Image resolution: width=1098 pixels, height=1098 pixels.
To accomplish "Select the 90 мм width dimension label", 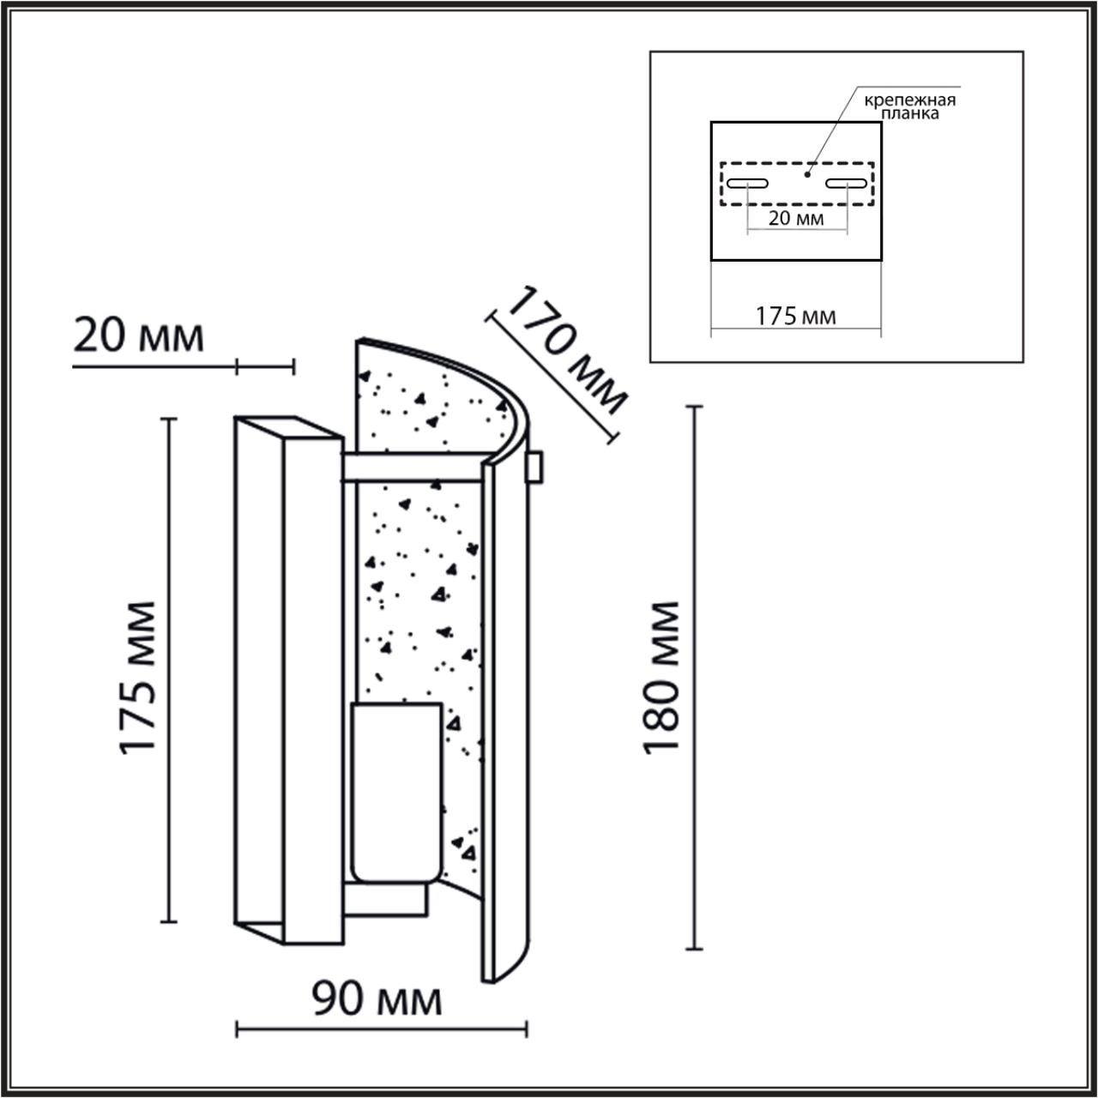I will click(377, 999).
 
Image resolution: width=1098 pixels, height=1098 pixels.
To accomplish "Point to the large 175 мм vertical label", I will click(138, 678).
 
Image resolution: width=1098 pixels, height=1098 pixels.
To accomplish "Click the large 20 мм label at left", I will click(138, 335).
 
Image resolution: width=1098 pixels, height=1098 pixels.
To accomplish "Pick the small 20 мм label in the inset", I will click(795, 218).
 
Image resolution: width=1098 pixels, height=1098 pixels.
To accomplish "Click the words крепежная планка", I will click(908, 106).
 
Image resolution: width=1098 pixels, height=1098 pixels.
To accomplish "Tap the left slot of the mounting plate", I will click(747, 184).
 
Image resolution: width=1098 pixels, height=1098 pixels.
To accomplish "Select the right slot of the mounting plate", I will click(847, 184).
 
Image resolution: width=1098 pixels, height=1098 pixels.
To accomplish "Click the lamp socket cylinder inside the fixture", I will click(395, 793).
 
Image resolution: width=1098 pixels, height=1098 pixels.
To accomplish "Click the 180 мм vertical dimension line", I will click(695, 678).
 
